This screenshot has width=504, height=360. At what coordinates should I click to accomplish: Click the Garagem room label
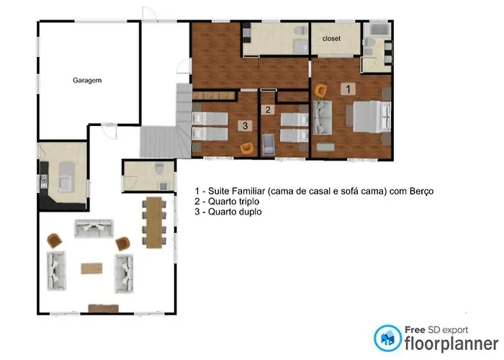tap(87, 81)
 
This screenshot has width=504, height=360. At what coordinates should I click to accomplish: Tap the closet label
tap(331, 39)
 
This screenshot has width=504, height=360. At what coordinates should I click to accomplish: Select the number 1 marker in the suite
tap(348, 89)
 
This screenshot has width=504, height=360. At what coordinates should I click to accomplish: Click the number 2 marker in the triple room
tap(268, 110)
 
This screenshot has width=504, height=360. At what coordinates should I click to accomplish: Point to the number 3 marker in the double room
tap(246, 126)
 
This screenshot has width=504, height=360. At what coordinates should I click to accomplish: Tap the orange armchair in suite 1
tap(320, 91)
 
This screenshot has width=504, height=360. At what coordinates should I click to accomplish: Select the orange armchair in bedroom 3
tap(247, 148)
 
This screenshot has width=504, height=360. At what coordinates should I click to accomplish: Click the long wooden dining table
tap(154, 222)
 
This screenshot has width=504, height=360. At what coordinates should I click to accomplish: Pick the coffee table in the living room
tap(91, 269)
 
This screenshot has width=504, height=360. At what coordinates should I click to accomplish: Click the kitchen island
tap(67, 177)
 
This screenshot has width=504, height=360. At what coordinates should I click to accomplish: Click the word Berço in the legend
tap(421, 191)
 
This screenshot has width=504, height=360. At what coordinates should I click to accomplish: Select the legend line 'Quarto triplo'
tap(227, 202)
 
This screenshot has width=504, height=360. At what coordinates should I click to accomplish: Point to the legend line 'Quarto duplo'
tap(228, 212)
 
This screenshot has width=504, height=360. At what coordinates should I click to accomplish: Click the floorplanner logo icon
tap(387, 338)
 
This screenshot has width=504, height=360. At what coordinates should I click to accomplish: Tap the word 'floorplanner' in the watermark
tap(451, 343)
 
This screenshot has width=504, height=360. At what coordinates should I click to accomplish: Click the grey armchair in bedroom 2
tap(269, 144)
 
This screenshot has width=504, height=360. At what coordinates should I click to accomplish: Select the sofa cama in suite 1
tap(323, 118)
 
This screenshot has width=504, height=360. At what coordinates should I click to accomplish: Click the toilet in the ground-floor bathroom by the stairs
tap(159, 168)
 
